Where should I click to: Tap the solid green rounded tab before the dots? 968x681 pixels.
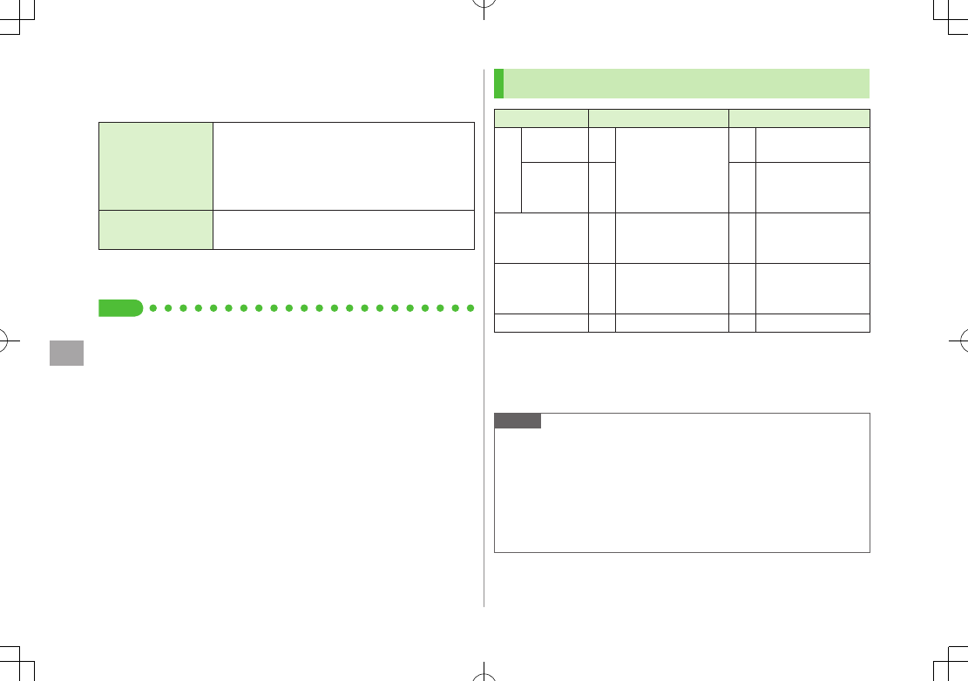120,307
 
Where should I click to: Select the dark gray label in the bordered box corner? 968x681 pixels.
518,421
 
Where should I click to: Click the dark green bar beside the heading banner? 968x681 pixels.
498,84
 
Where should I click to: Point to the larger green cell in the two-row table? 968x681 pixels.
156,165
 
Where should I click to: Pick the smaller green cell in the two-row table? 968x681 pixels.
156,230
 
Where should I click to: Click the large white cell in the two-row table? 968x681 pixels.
343,165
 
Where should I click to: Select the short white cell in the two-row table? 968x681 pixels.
343,230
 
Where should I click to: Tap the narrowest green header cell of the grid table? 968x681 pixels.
541,118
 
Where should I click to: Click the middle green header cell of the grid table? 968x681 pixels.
659,118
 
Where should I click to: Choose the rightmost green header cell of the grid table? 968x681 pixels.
799,118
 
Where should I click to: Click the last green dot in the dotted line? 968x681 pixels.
471,307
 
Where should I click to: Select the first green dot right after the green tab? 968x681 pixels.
152,307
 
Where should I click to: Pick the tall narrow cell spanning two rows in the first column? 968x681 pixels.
508,170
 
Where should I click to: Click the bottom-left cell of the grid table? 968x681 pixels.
541,323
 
